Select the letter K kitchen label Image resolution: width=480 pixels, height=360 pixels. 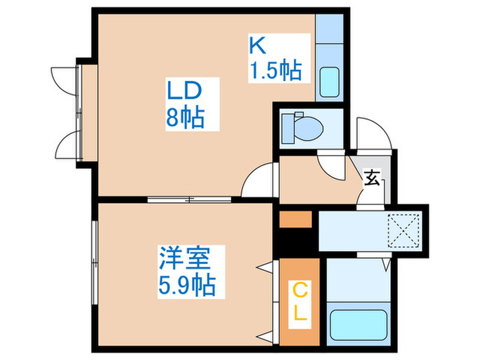(256, 45)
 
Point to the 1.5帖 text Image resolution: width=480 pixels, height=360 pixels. (274, 71)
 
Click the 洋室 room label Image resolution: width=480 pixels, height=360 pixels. (182, 259)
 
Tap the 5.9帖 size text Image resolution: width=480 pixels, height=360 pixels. (182, 284)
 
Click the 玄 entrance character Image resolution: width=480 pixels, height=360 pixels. (372, 179)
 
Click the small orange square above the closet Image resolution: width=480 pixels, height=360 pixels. (296, 219)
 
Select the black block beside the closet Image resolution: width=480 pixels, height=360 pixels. (296, 242)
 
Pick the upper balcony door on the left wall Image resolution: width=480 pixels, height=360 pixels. (66, 79)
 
